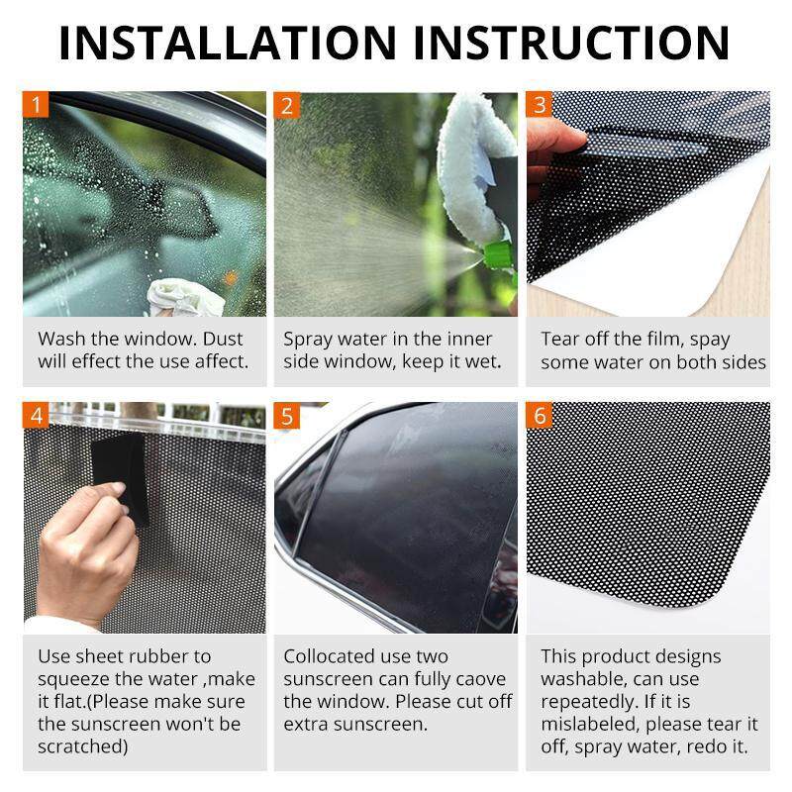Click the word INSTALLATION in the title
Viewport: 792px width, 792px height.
[x=228, y=43]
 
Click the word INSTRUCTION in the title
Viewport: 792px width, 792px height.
[x=572, y=43]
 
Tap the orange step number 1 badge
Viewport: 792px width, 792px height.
[x=36, y=105]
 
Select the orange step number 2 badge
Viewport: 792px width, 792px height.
[x=287, y=106]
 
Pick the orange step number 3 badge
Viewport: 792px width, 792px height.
[x=539, y=105]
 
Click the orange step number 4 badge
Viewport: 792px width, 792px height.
[x=36, y=415]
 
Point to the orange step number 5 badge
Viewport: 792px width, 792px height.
[x=287, y=416]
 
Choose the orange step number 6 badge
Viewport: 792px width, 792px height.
[x=539, y=415]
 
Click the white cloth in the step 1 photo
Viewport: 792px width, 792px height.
[x=185, y=299]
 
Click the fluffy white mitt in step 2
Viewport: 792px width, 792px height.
[x=475, y=166]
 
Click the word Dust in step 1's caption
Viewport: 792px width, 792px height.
[x=223, y=339]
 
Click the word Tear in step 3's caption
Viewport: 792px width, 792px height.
[x=559, y=339]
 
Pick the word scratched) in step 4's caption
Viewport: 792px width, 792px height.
[x=83, y=746]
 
